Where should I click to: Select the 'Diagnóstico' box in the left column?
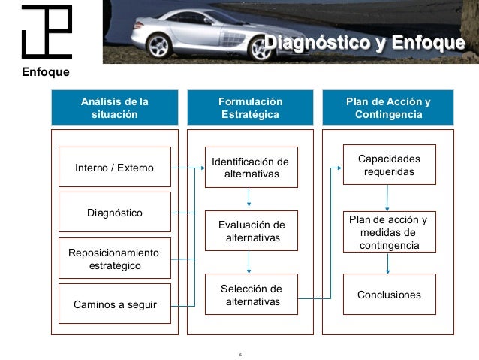click(x=114, y=213)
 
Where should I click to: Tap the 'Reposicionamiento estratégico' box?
click(x=114, y=259)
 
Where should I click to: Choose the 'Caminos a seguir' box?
click(x=114, y=304)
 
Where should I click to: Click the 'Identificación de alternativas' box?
click(x=250, y=168)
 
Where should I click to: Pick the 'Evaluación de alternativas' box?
click(x=250, y=231)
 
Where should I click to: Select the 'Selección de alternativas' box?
click(x=250, y=295)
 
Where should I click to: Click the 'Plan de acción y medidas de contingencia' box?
click(x=388, y=232)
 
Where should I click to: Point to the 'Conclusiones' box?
click(x=388, y=295)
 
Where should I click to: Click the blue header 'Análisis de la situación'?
click(x=114, y=108)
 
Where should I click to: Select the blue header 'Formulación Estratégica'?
click(x=250, y=108)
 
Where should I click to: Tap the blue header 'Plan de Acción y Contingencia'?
click(x=388, y=108)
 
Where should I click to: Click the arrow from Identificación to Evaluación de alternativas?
click(x=249, y=198)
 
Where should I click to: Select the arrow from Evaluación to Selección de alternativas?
click(x=249, y=262)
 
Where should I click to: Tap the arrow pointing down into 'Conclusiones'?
click(x=387, y=264)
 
